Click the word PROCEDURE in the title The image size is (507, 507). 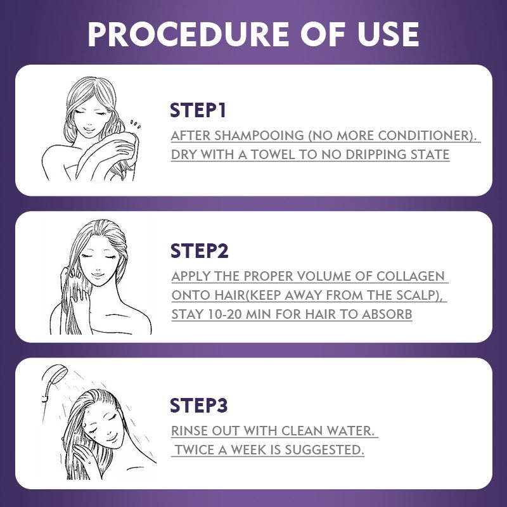(188, 34)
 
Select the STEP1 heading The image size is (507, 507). (198, 110)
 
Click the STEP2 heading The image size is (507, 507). (199, 251)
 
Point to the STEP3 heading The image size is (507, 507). (199, 405)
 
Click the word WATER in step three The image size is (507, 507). (350, 431)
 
